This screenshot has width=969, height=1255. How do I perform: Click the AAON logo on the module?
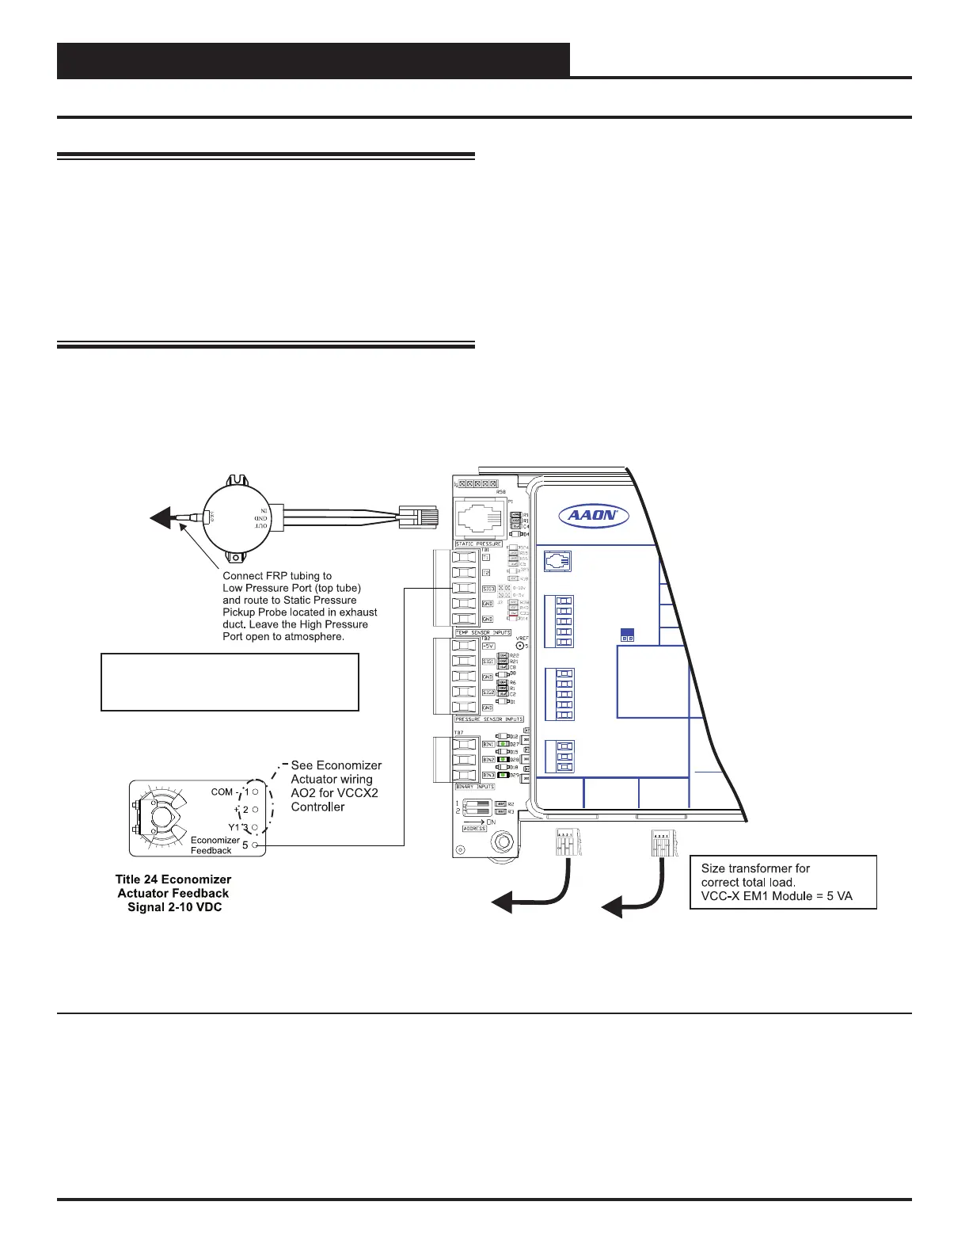(594, 516)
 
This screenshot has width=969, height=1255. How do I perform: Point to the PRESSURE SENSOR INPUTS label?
(489, 719)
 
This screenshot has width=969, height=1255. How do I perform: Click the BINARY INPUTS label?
(475, 787)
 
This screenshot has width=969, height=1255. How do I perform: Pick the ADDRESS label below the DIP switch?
(474, 829)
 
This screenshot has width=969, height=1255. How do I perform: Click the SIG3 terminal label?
(488, 589)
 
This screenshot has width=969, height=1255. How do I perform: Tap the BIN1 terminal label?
(488, 745)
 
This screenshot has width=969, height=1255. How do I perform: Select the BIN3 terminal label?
(488, 775)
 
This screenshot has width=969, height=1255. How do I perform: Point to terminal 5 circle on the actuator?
(255, 845)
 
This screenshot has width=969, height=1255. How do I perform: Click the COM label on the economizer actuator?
(222, 792)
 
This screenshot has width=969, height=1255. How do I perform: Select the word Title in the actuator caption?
(129, 879)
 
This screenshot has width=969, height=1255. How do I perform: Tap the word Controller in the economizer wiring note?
(317, 807)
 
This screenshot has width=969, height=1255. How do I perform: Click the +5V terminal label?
(488, 645)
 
